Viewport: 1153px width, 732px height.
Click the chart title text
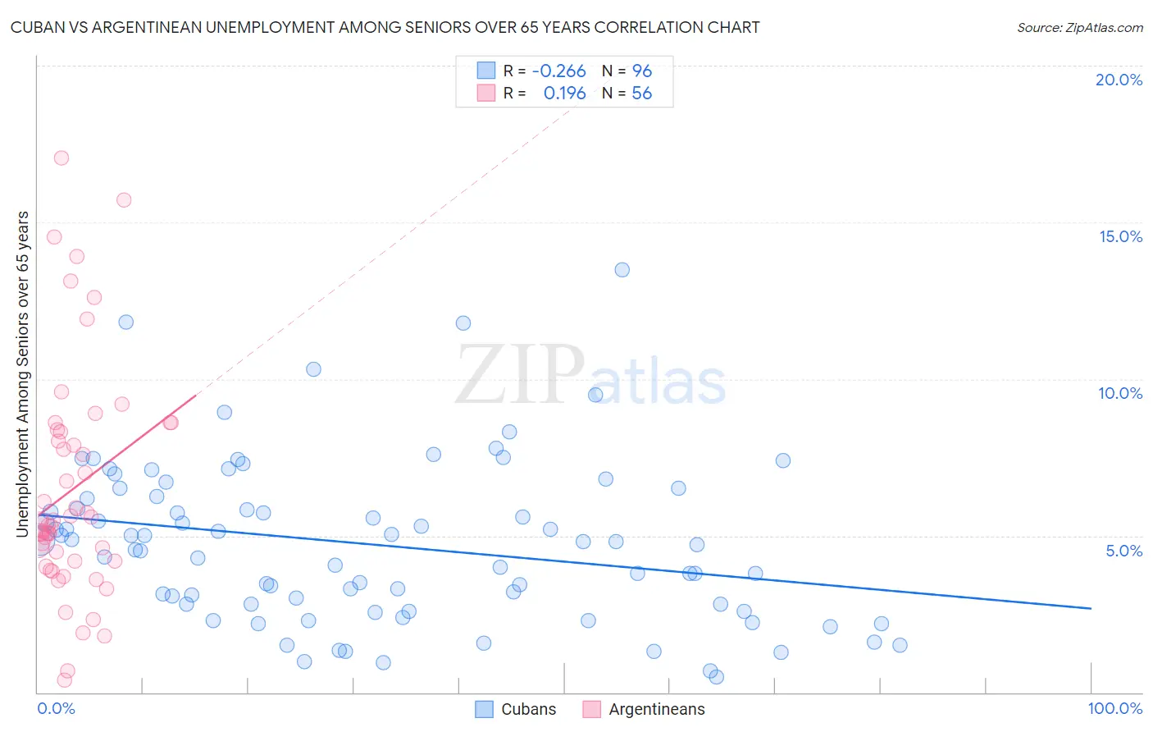click(385, 27)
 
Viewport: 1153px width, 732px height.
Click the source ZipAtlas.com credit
click(1079, 27)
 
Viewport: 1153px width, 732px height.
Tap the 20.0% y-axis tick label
click(1119, 80)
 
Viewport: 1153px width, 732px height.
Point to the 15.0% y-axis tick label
click(1120, 236)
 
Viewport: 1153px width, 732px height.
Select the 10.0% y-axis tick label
click(1120, 393)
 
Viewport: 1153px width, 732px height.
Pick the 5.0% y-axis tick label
click(1123, 551)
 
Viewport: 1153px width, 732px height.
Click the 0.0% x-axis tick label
click(56, 708)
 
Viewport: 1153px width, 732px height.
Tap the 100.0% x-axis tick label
click(1114, 708)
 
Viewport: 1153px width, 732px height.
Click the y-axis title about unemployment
click(22, 374)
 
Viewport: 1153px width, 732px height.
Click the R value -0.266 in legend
click(558, 71)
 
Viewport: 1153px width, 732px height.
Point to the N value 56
click(641, 94)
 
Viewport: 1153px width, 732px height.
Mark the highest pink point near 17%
click(61, 158)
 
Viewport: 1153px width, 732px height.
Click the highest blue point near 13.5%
click(622, 270)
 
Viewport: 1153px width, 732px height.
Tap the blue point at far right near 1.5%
click(900, 645)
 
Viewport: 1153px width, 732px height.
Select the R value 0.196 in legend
click(564, 94)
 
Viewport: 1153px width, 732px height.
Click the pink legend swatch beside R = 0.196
click(486, 93)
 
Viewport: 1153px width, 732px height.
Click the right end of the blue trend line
click(1091, 608)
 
